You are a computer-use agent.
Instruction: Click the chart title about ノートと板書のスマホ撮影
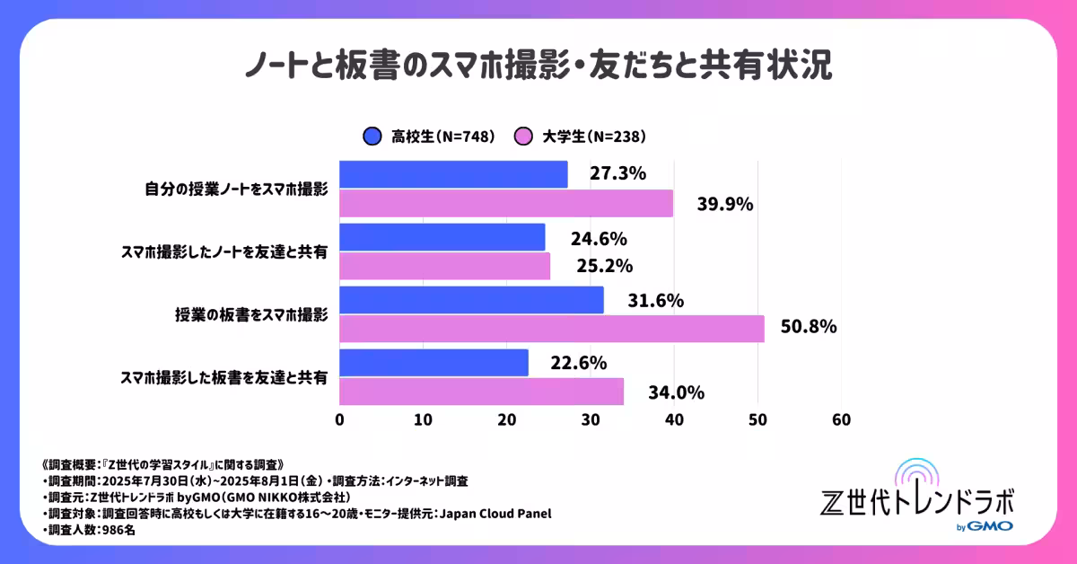coord(538,66)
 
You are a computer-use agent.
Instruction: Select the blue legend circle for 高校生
coord(372,137)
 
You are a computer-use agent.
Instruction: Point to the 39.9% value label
coord(725,204)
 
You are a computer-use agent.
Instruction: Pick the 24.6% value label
coord(599,238)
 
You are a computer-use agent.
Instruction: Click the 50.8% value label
coord(809,327)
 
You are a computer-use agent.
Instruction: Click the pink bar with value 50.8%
coord(551,329)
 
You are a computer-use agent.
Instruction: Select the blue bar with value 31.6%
coord(471,300)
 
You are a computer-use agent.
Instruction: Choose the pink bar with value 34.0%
coord(481,392)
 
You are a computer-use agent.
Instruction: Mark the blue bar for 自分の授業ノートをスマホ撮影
coord(453,174)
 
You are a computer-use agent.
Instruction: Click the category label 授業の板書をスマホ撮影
coord(251,315)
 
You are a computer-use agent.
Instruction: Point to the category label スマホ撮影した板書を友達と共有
coord(223,377)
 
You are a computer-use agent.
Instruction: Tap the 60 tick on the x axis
coord(841,420)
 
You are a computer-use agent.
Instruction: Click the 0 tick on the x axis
coord(339,420)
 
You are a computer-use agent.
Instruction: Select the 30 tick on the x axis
coord(591,420)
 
